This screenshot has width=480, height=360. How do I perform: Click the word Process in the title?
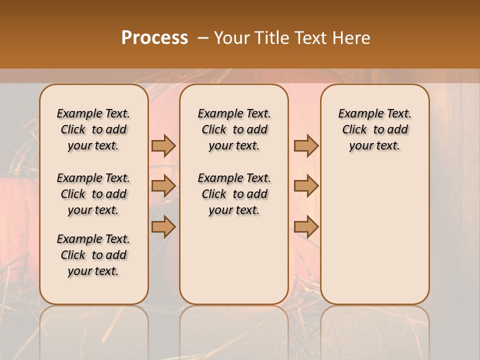point(154,37)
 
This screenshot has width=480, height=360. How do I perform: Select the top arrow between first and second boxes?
point(163,145)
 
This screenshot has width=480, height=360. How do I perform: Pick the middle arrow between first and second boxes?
point(163,186)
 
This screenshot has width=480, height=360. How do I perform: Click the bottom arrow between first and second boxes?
point(163,226)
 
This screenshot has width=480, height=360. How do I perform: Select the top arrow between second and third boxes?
point(306,145)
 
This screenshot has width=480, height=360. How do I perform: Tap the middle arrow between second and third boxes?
point(306,186)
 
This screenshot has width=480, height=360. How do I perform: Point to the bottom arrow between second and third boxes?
point(306,226)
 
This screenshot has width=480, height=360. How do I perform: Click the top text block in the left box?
point(93,129)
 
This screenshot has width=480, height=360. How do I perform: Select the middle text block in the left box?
point(93,194)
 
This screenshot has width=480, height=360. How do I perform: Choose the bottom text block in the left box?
point(93,255)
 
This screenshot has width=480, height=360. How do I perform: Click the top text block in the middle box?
point(234,129)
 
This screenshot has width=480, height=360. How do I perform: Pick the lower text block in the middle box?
point(234,194)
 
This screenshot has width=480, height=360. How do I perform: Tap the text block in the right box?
point(374,129)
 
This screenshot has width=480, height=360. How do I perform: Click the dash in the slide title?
point(202,38)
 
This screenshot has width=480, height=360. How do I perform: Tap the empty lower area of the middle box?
point(234,260)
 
